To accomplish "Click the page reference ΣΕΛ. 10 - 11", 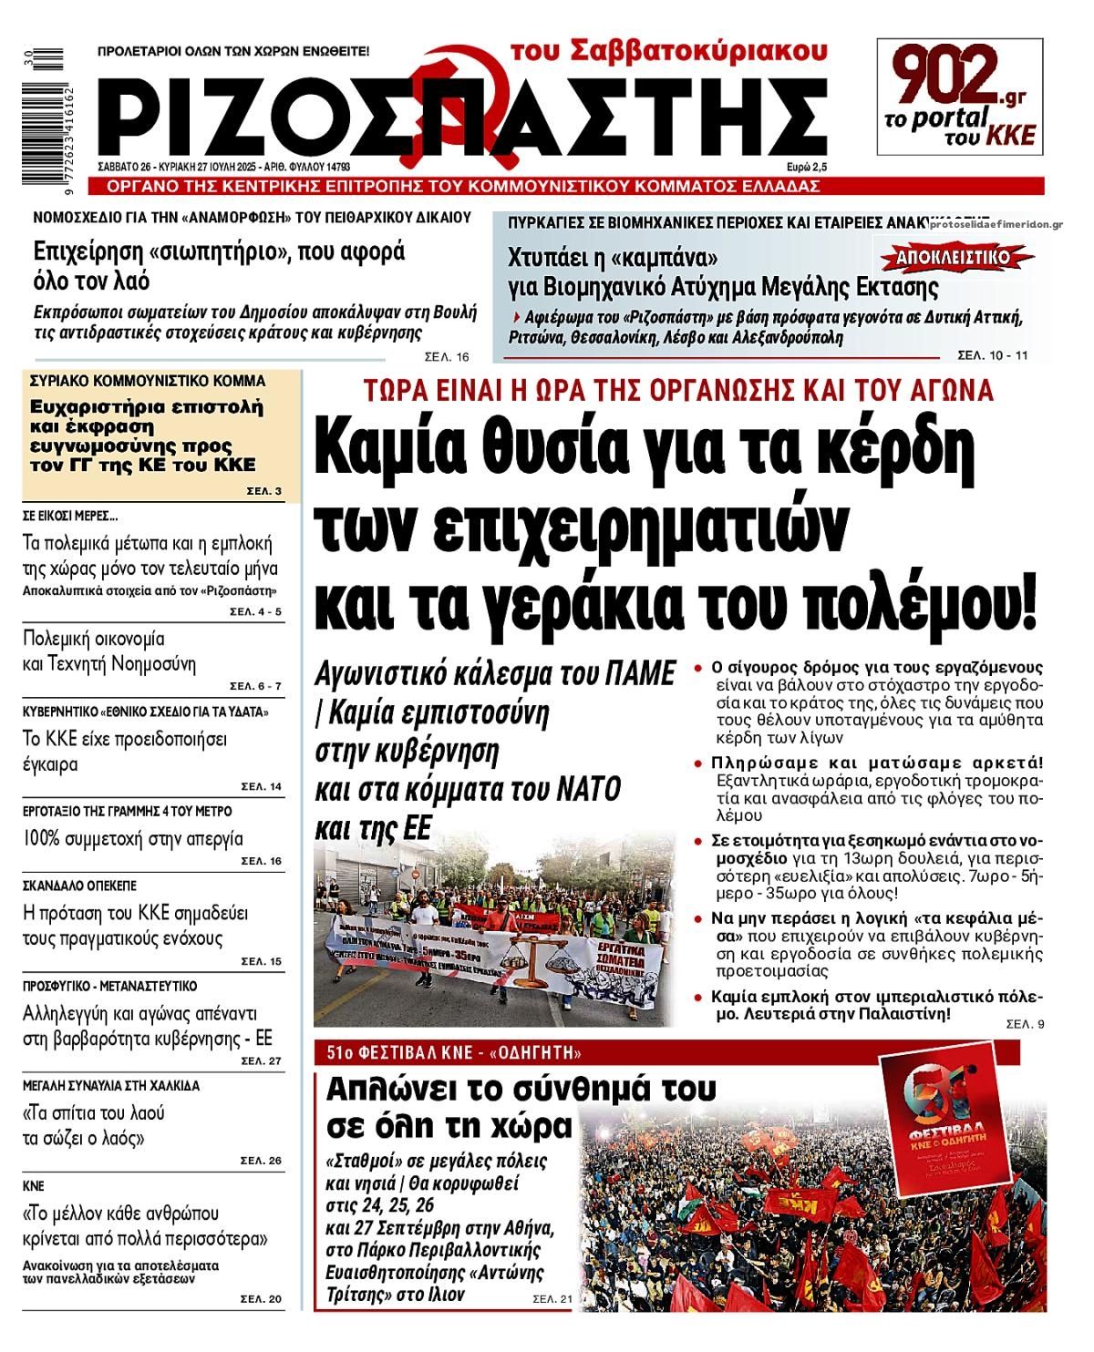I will pyautogui.click(x=992, y=354).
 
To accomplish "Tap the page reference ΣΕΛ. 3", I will pyautogui.click(x=263, y=492).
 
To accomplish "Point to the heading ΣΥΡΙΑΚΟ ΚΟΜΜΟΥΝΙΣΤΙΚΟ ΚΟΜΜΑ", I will pyautogui.click(x=148, y=381).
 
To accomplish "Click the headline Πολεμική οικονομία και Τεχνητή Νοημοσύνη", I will pyautogui.click(x=109, y=650).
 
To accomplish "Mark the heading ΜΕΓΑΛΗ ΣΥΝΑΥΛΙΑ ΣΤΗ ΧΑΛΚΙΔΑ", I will pyautogui.click(x=110, y=1086).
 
